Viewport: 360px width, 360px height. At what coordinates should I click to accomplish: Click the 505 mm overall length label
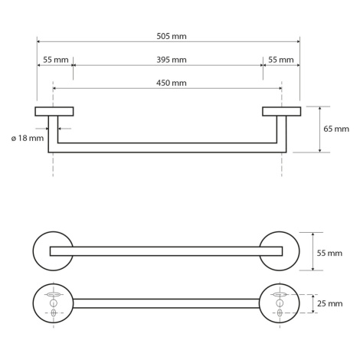(x=172, y=36)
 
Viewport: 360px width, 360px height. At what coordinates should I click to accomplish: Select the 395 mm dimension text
(x=172, y=60)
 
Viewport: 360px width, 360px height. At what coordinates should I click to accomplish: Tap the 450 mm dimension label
(x=172, y=83)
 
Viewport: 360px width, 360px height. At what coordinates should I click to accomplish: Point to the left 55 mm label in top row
(x=56, y=60)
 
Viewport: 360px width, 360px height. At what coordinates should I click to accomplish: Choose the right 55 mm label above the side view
(x=281, y=60)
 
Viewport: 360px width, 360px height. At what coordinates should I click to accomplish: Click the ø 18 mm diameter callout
(x=28, y=138)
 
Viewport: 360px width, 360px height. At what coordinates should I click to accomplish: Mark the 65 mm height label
(x=336, y=129)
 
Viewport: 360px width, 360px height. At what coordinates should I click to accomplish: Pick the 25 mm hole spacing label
(x=330, y=303)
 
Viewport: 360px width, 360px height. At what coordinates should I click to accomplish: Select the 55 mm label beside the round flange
(x=329, y=253)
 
